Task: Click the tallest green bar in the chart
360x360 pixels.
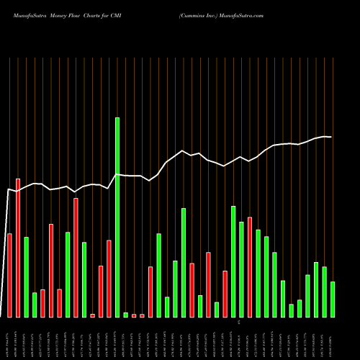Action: point(117,217)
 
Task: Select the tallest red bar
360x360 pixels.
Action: point(18,248)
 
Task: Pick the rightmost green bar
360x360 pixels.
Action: point(333,299)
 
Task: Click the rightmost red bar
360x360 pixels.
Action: point(250,266)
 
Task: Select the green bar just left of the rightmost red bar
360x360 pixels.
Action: point(241,269)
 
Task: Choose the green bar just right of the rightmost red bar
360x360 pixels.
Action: point(258,273)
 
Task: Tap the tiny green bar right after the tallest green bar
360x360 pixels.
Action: point(125,315)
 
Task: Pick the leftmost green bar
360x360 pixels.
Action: point(26,276)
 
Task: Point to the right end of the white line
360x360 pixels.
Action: point(331,137)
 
